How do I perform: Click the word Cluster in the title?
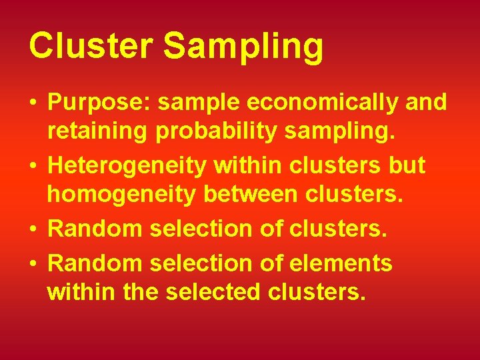click(x=90, y=46)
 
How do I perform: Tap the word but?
click(x=406, y=165)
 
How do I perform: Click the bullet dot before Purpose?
click(x=33, y=103)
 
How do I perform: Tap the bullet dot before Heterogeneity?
click(x=33, y=165)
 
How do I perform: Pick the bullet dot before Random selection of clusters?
click(x=33, y=229)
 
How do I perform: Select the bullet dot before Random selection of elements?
click(x=33, y=263)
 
